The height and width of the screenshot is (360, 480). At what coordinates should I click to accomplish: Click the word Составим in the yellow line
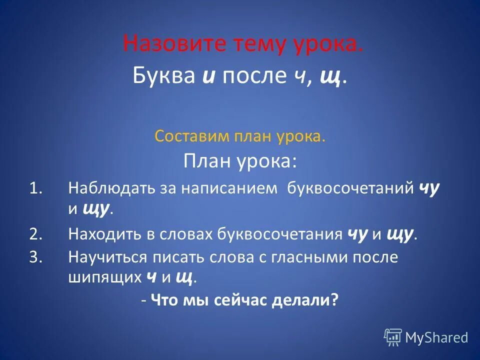coord(184,136)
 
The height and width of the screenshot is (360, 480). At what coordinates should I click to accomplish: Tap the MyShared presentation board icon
coord(393,337)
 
